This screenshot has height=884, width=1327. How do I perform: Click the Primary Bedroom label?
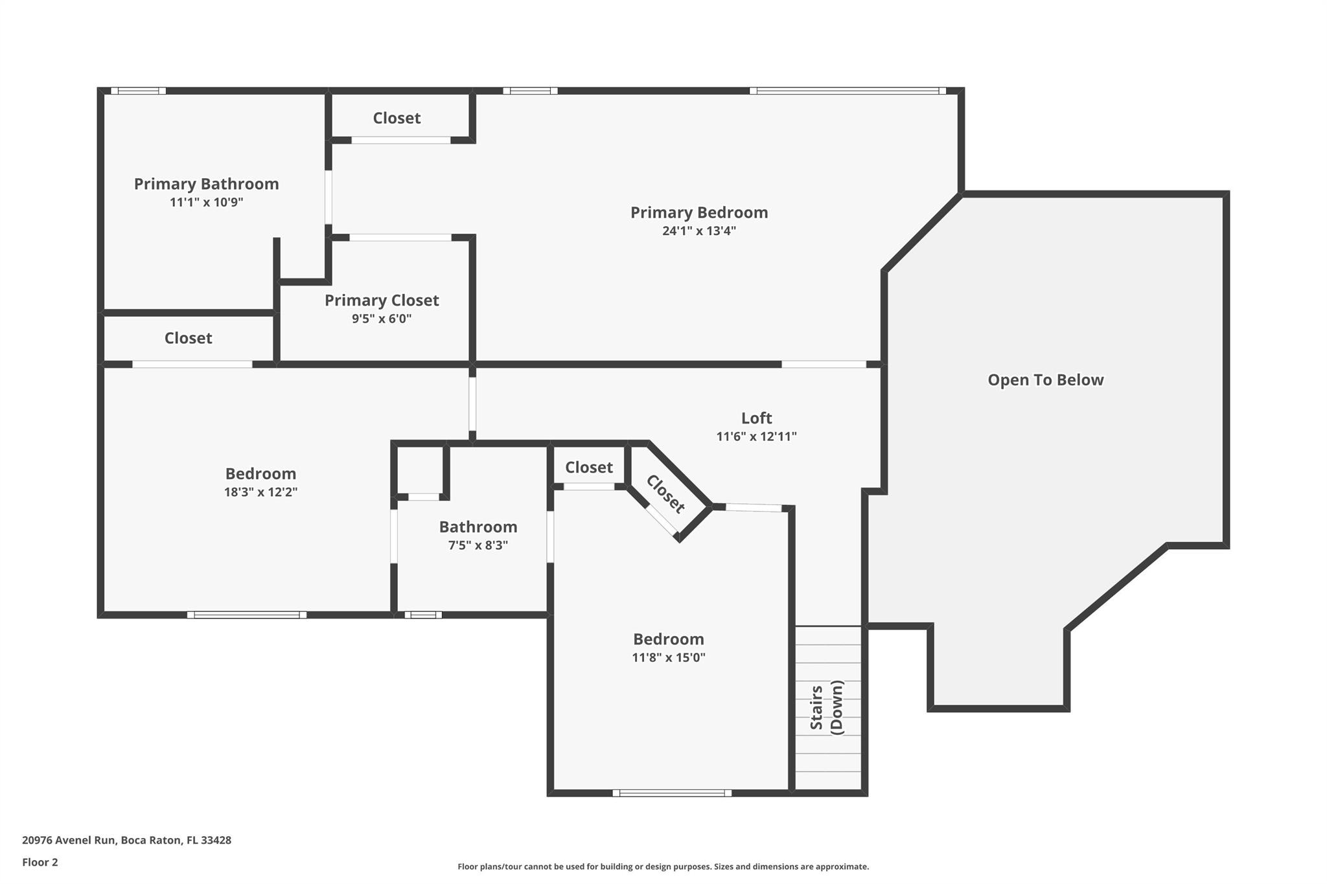pos(698,212)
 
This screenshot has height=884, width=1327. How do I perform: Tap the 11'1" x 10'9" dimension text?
pos(206,202)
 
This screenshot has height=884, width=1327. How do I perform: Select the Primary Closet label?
pos(382,300)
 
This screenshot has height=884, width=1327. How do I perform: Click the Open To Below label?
pos(1045,380)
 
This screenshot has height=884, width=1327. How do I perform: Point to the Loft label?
pos(756,418)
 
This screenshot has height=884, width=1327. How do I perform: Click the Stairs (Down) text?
pos(827,707)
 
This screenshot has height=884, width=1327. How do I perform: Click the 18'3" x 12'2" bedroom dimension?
pos(260,492)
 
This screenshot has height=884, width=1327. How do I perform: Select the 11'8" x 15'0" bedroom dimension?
pos(668,658)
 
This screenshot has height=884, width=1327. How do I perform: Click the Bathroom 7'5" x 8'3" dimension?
pos(478,545)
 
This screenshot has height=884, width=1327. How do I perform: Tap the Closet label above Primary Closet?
pos(397,118)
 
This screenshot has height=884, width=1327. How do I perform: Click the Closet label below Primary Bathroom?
pos(188,338)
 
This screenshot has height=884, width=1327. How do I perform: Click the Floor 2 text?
pos(40,862)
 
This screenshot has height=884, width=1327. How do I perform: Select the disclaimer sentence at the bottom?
pos(663,867)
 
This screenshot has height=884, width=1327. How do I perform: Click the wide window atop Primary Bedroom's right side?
pos(848,91)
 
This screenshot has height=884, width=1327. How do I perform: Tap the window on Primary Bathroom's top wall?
pos(138,91)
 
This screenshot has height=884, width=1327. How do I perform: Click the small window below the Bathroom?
pos(423,615)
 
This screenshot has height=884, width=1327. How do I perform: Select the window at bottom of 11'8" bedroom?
pos(672,793)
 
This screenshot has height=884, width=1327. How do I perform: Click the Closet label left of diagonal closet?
pos(588,467)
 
